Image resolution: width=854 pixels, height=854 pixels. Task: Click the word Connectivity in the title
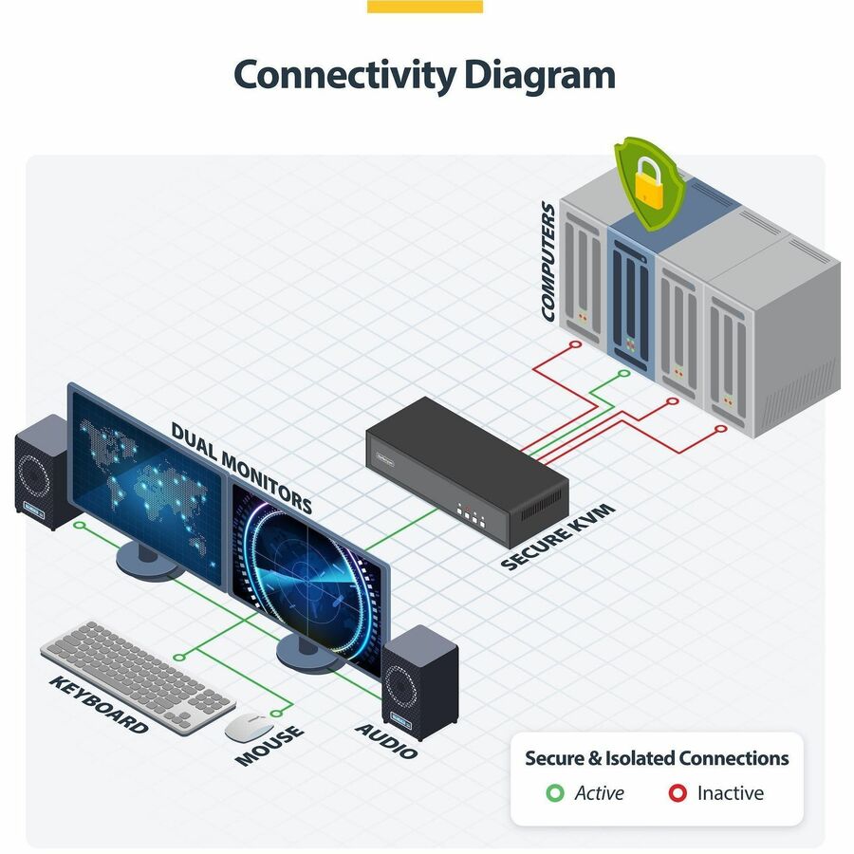[x=344, y=76]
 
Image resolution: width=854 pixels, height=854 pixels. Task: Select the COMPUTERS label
[x=548, y=262]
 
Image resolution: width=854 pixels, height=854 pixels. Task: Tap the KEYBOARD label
[x=99, y=705]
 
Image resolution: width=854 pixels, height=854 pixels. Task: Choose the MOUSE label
[x=269, y=745]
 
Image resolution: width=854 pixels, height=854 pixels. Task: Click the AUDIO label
[x=386, y=741]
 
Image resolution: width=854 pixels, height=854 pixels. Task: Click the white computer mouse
[x=249, y=727]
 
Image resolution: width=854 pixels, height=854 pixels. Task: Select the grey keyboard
[x=139, y=677]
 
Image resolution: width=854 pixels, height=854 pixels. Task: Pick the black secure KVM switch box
[x=467, y=472]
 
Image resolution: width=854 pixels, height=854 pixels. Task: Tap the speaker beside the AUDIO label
[x=420, y=683]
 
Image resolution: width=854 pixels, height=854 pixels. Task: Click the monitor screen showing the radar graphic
[x=306, y=576]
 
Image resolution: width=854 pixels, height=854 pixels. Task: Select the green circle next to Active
[x=555, y=793]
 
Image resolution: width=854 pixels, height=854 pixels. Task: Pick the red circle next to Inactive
[x=678, y=793]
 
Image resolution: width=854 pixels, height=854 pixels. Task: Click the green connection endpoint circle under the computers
[x=624, y=374]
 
